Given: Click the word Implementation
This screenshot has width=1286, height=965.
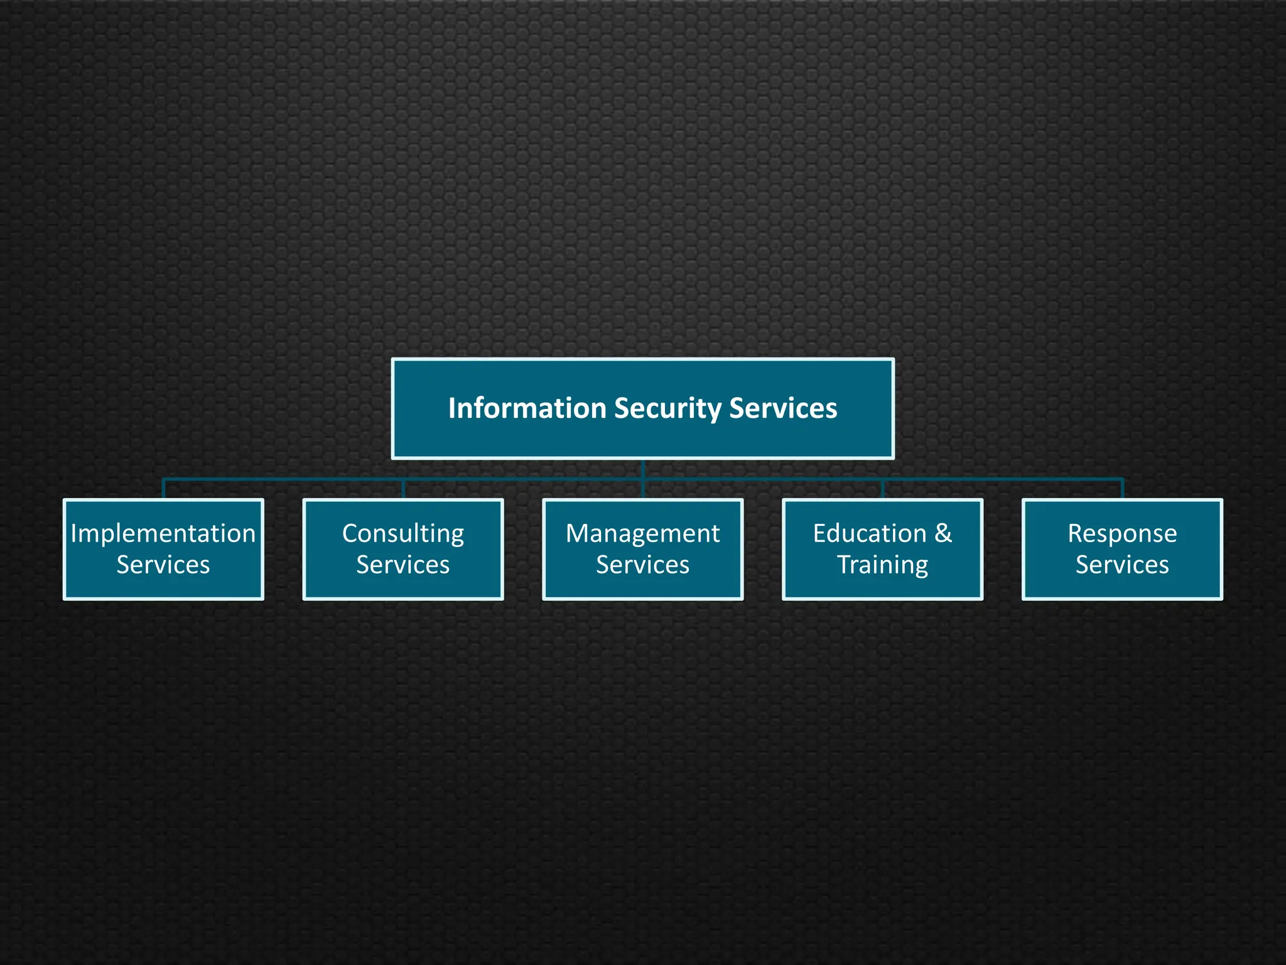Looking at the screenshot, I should pyautogui.click(x=163, y=533).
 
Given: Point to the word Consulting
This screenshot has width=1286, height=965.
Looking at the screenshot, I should pyautogui.click(x=403, y=533).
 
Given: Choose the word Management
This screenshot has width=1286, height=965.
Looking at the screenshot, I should pyautogui.click(x=642, y=533).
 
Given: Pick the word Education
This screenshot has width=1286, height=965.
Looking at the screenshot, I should pyautogui.click(x=869, y=533).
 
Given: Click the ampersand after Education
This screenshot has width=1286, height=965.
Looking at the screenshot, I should pyautogui.click(x=943, y=533).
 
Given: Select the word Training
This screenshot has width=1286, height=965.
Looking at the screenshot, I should pyautogui.click(x=882, y=565).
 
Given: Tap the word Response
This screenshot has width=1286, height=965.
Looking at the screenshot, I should pyautogui.click(x=1122, y=533).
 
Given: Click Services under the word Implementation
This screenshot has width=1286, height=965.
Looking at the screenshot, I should pyautogui.click(x=163, y=565).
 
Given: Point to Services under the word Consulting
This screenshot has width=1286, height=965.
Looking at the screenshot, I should pyautogui.click(x=403, y=565).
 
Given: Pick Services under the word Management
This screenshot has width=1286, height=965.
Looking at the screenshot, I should pyautogui.click(x=642, y=565).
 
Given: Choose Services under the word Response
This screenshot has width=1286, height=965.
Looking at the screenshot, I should pyautogui.click(x=1122, y=565).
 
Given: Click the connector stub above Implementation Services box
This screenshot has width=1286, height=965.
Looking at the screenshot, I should pyautogui.click(x=163, y=489).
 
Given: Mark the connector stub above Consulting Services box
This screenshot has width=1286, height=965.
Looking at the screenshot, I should pyautogui.click(x=403, y=489).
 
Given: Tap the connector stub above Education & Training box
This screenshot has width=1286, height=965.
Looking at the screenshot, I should pyautogui.click(x=882, y=489).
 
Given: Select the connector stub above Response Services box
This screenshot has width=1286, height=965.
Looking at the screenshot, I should pyautogui.click(x=1122, y=489).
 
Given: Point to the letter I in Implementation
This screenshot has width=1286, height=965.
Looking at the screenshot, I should pyautogui.click(x=73, y=533).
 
